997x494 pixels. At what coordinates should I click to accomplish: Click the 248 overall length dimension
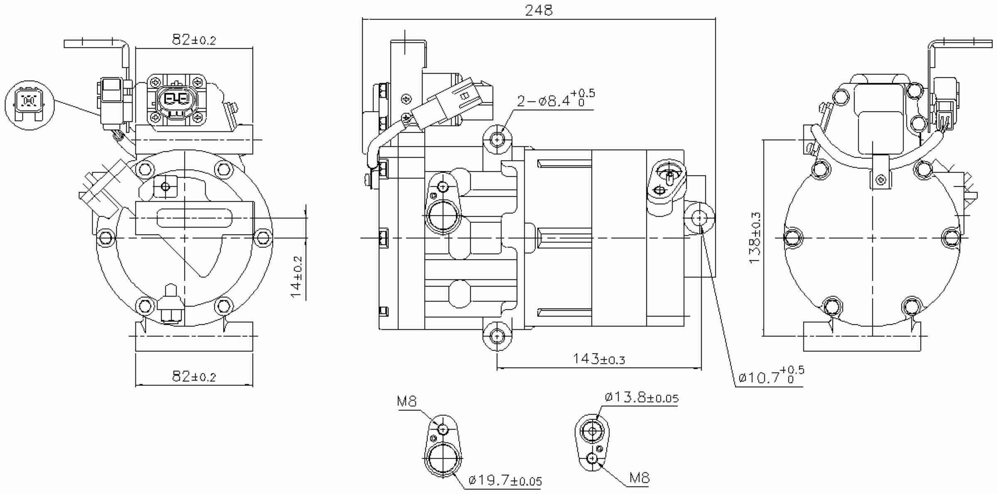(539, 10)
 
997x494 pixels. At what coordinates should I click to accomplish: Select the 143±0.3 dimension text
(599, 359)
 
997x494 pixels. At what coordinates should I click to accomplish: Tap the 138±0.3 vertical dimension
(755, 237)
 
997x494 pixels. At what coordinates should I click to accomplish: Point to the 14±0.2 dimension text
(297, 277)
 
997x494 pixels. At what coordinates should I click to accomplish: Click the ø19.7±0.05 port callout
(505, 481)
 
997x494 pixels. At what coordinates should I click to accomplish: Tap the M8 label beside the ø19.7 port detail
(407, 402)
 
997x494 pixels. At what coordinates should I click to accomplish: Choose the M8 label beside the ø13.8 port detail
(639, 478)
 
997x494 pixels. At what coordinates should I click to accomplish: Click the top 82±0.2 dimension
(194, 40)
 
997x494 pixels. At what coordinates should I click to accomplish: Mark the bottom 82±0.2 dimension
(194, 377)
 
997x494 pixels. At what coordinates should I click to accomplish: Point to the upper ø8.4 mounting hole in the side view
(497, 140)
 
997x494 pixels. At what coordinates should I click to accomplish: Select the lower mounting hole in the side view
(497, 335)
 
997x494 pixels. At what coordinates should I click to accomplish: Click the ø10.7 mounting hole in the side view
(700, 217)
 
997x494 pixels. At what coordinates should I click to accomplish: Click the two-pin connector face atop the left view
(177, 100)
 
